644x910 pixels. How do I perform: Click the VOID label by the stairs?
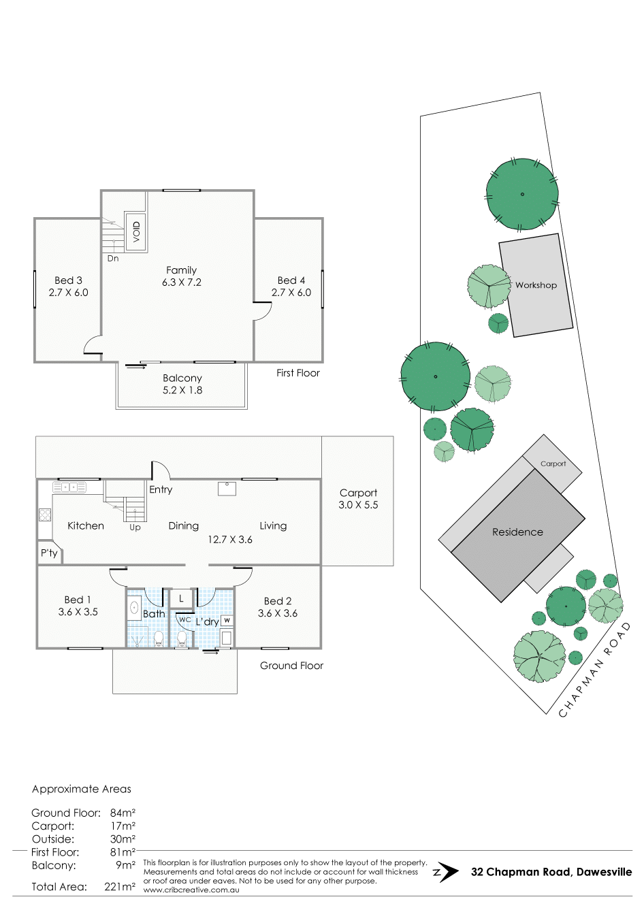pos(137,231)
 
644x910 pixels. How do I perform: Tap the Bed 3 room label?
pos(68,280)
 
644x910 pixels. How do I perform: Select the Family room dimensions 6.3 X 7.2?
pos(182,282)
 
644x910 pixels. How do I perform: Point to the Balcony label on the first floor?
pos(182,378)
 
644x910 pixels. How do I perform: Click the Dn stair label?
pos(113,259)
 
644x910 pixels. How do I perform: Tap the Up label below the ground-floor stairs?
pos(135,527)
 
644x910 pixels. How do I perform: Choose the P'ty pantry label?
pos(49,553)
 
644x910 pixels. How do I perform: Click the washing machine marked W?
pos(227,621)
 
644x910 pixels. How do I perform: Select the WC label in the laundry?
pos(184,620)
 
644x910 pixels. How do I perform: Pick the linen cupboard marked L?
pos(181,598)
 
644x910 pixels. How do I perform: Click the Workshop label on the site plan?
pos(536,285)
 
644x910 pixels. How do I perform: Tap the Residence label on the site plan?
pos(517,532)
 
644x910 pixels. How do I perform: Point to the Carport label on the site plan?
pos(553,464)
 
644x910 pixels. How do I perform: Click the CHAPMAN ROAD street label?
pos(595,669)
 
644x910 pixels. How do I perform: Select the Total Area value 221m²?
pos(120,887)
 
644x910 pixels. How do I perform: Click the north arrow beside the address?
pos(446,872)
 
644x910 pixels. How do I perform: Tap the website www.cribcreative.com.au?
pos(191,890)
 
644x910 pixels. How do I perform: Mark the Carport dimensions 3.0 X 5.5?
pos(358,505)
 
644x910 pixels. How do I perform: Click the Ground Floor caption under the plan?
pos(291,666)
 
